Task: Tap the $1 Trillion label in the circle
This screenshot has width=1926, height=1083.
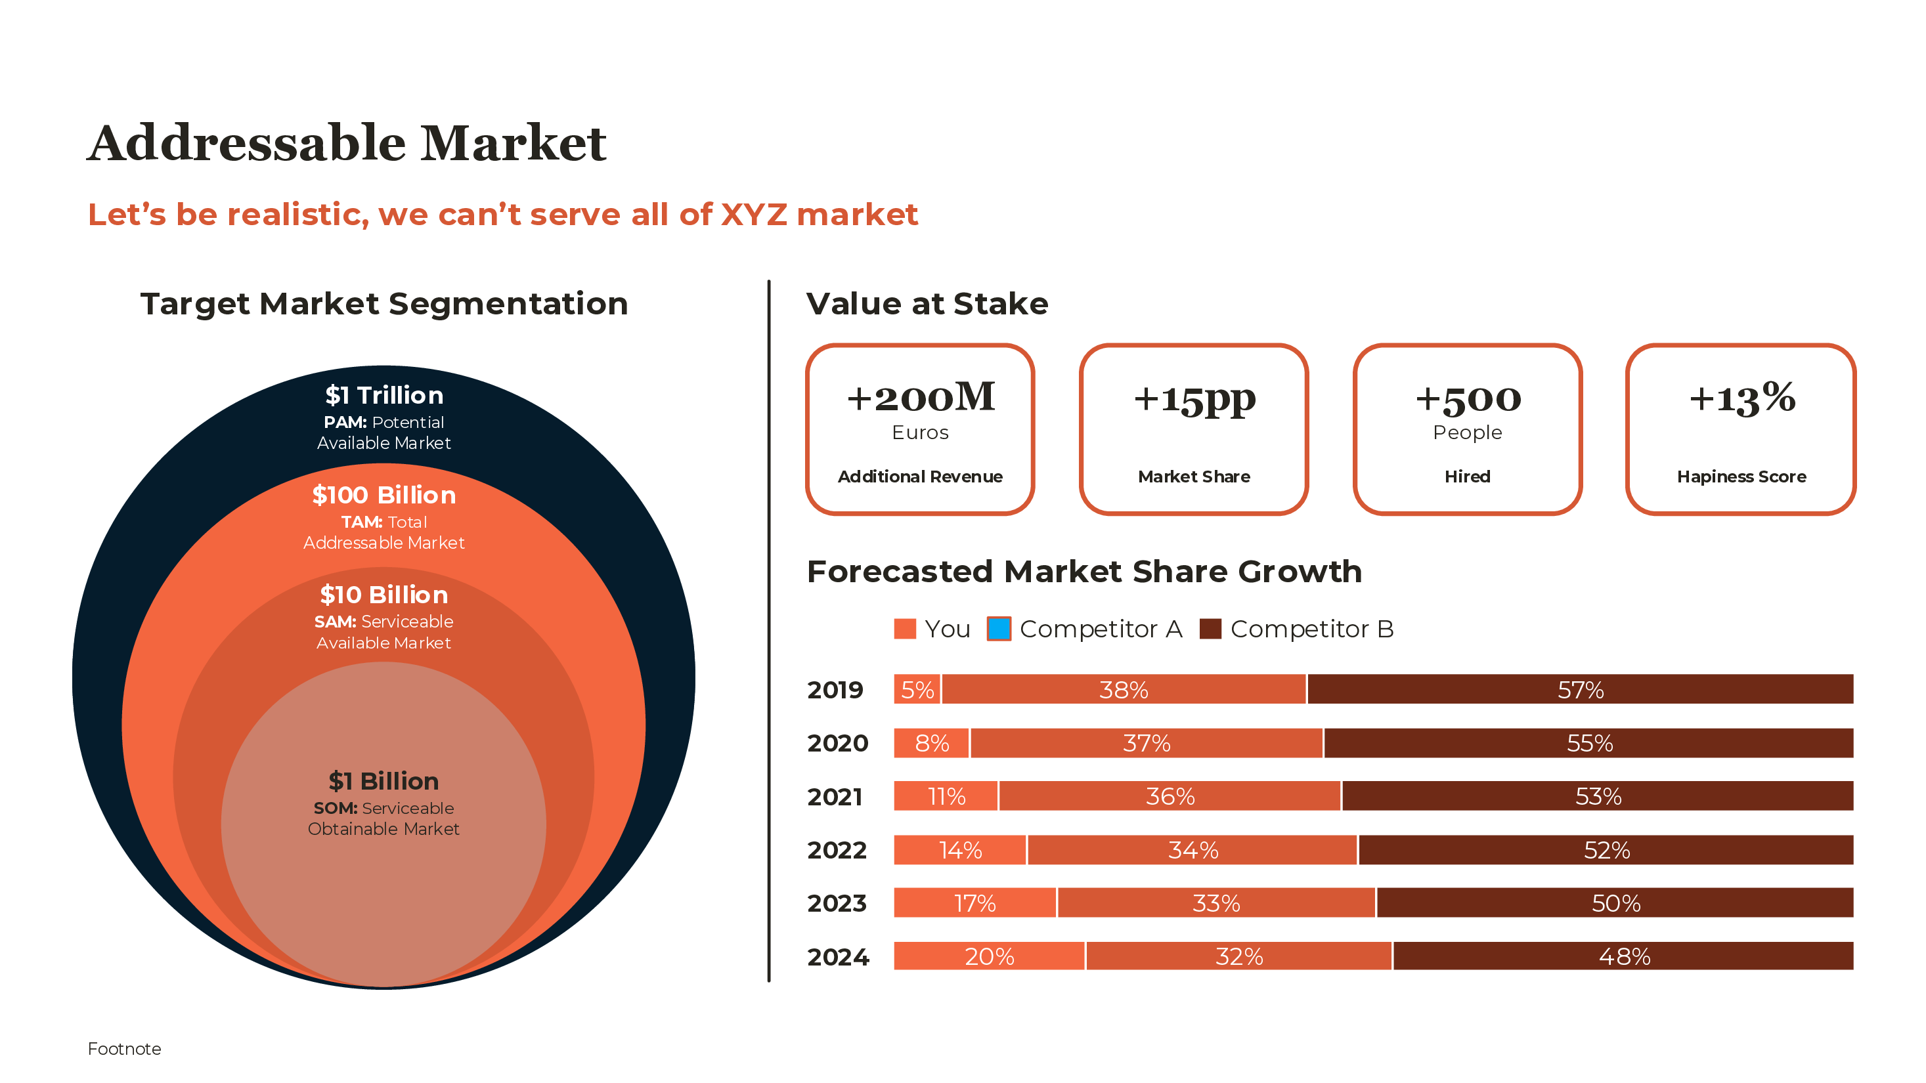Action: [383, 394]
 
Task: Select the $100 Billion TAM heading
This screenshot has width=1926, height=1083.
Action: [383, 495]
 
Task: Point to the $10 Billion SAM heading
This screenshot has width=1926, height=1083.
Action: [383, 594]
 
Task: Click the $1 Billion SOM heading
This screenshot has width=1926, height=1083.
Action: [383, 781]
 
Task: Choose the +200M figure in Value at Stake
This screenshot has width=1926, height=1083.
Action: [921, 397]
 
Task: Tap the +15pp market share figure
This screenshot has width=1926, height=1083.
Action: [1194, 398]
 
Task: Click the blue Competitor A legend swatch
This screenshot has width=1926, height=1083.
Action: [999, 629]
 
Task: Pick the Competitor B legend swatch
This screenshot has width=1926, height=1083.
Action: [1210, 629]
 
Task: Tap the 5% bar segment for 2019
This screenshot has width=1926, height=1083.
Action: [917, 689]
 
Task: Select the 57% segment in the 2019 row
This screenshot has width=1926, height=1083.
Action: [1581, 689]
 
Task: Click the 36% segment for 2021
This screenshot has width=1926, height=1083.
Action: [1170, 796]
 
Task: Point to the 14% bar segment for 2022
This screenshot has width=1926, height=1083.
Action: [960, 850]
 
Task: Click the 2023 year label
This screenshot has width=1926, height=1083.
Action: [837, 903]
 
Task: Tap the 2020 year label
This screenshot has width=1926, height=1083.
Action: [837, 743]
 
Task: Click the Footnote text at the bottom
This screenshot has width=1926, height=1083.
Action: [124, 1049]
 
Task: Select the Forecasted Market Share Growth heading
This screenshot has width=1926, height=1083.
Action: [1084, 572]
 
